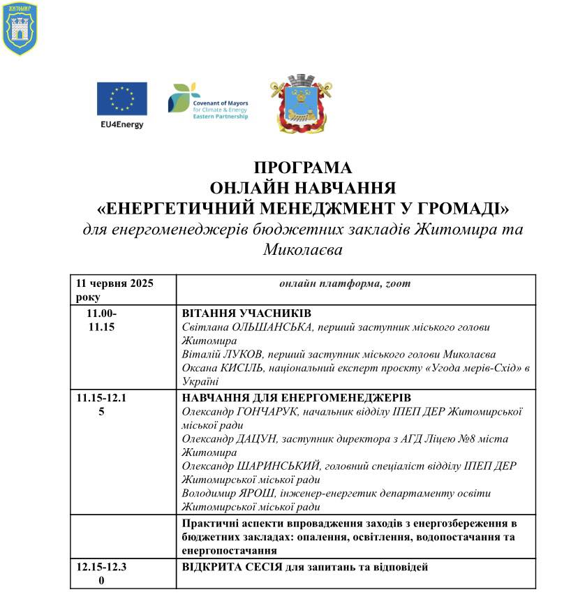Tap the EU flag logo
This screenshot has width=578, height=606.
pos(121,98)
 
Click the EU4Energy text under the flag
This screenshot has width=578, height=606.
pos(121,125)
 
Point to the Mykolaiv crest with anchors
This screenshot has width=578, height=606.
pos(301,103)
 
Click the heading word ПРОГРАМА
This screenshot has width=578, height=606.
pos(302,168)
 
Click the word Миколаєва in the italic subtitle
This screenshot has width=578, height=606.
pos(303,249)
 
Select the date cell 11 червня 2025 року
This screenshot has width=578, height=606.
pos(115,290)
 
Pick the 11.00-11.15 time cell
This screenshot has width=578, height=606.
pos(102,320)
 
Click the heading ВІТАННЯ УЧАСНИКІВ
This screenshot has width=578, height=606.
pos(246,313)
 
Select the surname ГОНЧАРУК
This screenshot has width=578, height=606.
pos(272,411)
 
